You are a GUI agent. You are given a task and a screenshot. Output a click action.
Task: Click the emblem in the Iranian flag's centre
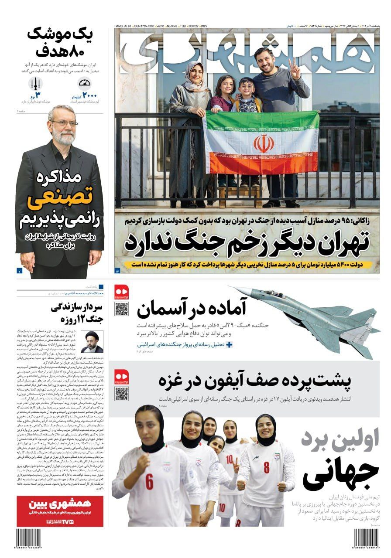coord(264,143)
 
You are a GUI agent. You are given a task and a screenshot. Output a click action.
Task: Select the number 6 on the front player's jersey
coord(150,482)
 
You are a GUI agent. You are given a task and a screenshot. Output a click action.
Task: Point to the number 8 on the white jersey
coord(266,468)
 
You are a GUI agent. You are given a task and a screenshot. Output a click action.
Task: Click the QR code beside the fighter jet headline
coord(121,309)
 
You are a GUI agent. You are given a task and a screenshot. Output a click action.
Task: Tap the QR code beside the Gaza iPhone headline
coord(121,394)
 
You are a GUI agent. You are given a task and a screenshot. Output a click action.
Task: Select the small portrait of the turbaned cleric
coord(92,341)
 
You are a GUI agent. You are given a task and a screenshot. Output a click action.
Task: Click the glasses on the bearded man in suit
coord(63,123)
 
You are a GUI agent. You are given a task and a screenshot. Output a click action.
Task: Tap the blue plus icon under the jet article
coord(229,344)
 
